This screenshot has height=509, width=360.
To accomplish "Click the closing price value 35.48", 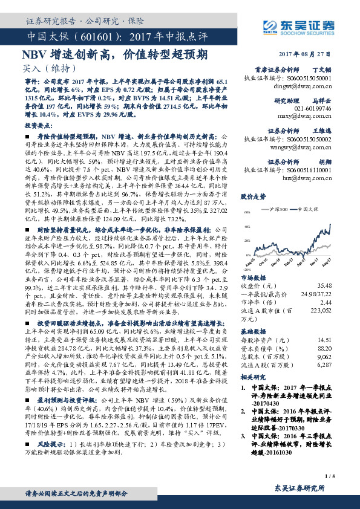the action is [340, 285].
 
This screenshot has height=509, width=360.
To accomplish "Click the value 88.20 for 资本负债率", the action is [340, 348].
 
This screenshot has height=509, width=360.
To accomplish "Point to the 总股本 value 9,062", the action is [339, 356].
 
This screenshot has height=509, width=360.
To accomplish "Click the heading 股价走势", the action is [253, 196].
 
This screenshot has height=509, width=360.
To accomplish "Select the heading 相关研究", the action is [254, 375].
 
